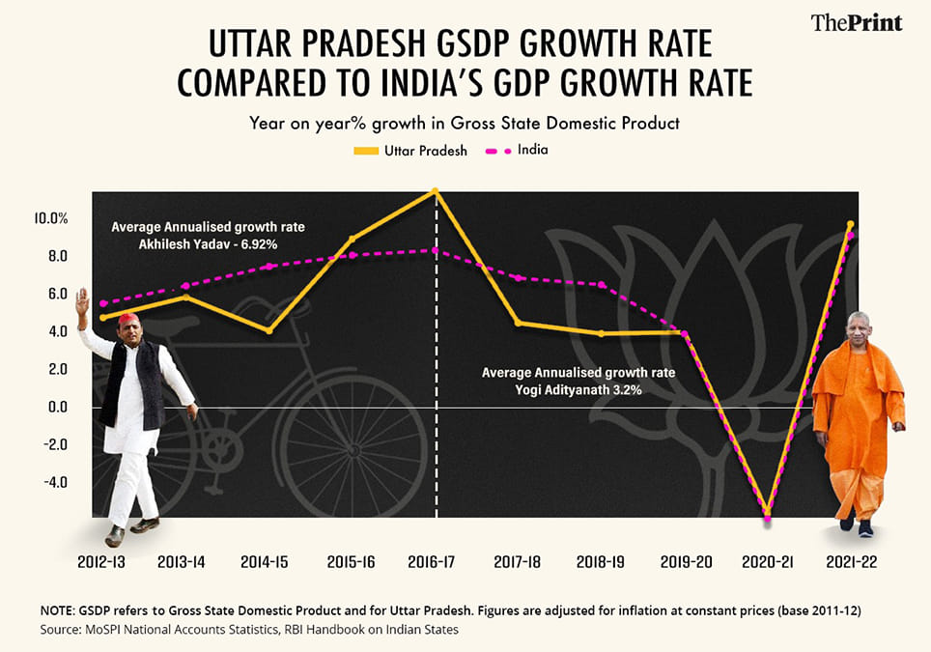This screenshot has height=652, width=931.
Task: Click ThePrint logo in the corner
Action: click(857, 21)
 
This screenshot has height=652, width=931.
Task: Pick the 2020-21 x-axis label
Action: click(768, 561)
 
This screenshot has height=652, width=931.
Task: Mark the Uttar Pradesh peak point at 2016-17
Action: click(437, 190)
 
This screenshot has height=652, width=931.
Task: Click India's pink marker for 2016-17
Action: click(437, 251)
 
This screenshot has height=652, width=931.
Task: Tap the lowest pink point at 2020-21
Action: click(768, 519)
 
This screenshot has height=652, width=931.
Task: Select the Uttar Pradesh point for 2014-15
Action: click(269, 330)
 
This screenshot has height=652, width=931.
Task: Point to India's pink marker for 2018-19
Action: click(602, 285)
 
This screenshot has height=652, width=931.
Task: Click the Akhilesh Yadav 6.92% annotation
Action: click(208, 236)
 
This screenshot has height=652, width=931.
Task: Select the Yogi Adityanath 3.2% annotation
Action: click(578, 382)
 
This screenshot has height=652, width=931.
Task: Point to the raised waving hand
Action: click(82, 304)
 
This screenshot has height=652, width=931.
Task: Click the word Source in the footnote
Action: click(60, 630)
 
